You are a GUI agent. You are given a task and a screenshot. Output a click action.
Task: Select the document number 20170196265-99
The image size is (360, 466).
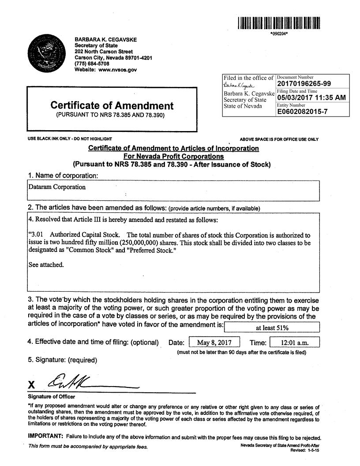pos(304,84)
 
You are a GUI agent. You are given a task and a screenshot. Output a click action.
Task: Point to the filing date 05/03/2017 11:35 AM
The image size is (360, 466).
pos(311,98)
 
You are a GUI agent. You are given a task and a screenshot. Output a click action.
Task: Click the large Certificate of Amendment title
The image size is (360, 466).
pos(112,105)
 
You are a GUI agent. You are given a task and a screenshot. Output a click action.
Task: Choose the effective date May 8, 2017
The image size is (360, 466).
pos(214,342)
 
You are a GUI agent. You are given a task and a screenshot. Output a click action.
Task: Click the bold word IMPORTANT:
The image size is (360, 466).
pos(46,437)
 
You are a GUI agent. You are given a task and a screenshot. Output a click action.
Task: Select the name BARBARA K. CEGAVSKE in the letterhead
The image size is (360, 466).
pos(105,40)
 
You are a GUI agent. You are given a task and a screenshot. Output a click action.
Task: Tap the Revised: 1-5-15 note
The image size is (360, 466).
pos(304,450)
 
